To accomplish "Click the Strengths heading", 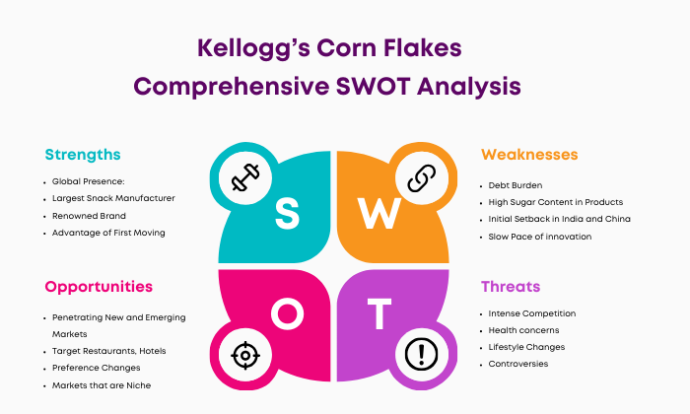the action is (83, 155).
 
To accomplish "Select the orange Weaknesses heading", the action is (529, 155).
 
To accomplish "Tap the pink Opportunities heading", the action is (99, 287).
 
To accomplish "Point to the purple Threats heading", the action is (511, 287).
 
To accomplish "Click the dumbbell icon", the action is (245, 177).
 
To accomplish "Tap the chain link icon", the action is (421, 178).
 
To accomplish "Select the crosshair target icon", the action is (245, 355).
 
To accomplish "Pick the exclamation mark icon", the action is (421, 355).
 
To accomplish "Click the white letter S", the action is (287, 213).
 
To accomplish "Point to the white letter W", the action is (379, 213).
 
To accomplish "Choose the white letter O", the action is (287, 313).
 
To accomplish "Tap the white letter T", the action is (379, 313).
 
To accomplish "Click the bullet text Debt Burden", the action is (515, 185).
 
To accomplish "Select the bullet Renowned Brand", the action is (89, 216).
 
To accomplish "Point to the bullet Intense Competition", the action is (532, 313).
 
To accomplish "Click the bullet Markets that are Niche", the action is (102, 385).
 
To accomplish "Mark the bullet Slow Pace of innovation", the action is (539, 237).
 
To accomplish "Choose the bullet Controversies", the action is (517, 364).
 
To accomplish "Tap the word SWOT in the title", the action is (374, 86).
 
